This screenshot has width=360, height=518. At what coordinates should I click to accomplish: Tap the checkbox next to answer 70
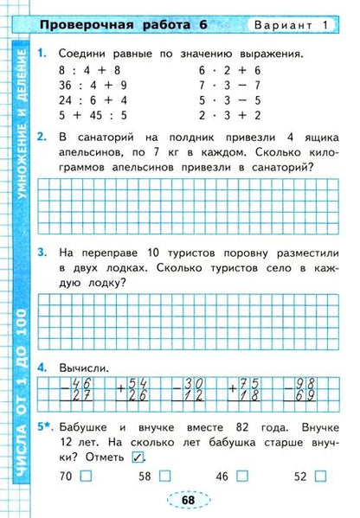[85, 476]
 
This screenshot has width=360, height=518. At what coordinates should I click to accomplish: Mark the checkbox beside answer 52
[321, 476]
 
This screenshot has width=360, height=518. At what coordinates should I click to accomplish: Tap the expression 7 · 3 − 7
[230, 86]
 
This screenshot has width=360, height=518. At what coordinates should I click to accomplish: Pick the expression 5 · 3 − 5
[230, 99]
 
